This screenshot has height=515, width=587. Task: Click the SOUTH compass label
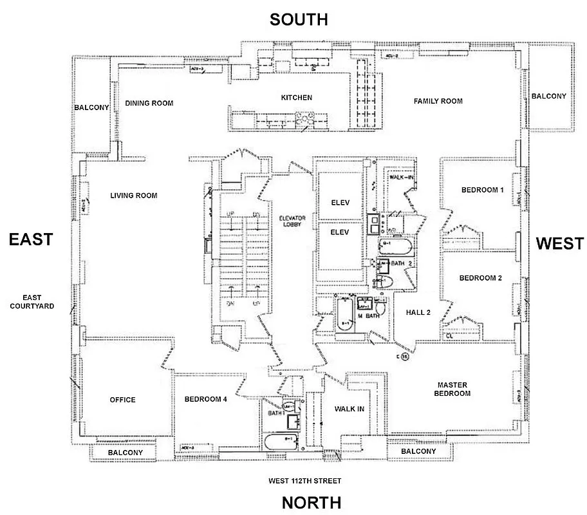pyautogui.click(x=298, y=19)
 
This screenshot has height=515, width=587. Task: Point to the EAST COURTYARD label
pyautogui.click(x=32, y=301)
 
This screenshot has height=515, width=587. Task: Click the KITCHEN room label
pyautogui.click(x=297, y=98)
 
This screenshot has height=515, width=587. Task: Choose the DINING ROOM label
pyautogui.click(x=149, y=103)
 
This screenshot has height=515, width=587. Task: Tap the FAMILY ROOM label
pyautogui.click(x=438, y=101)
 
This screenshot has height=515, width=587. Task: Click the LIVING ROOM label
pyautogui.click(x=133, y=196)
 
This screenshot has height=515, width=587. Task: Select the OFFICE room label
pyautogui.click(x=122, y=400)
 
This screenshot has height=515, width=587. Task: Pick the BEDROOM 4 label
pyautogui.click(x=205, y=399)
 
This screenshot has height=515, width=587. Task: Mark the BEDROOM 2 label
pyautogui.click(x=480, y=278)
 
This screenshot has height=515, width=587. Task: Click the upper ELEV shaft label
pyautogui.click(x=340, y=202)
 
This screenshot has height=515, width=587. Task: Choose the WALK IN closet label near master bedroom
pyautogui.click(x=350, y=409)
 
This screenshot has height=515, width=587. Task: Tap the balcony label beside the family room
pyautogui.click(x=548, y=97)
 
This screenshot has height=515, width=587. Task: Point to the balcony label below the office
pyautogui.click(x=126, y=453)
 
